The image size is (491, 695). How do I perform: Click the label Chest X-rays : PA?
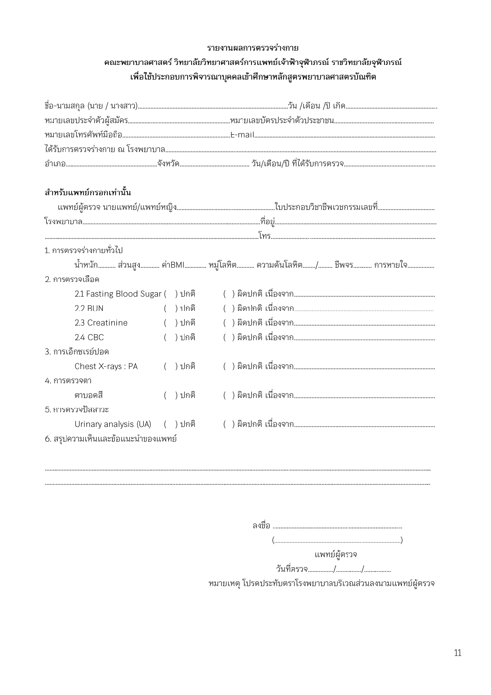click(106, 366)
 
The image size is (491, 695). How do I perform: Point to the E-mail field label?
click(242, 135)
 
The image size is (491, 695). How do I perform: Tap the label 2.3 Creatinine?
click(101, 323)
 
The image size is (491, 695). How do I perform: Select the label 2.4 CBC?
click(89, 337)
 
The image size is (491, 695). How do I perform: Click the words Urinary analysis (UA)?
click(113, 424)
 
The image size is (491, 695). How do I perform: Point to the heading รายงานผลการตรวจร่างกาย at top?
click(253, 48)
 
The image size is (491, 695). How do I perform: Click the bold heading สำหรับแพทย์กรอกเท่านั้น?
click(88, 193)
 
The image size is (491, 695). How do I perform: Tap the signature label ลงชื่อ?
click(261, 526)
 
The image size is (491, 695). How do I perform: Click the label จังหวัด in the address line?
click(168, 163)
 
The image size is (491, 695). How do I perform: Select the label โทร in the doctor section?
click(265, 236)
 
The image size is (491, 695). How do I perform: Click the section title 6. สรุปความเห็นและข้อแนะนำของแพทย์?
click(110, 439)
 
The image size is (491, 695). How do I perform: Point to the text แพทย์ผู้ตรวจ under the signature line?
click(336, 554)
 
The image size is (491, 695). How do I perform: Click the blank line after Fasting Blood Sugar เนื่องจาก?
click(364, 295)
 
